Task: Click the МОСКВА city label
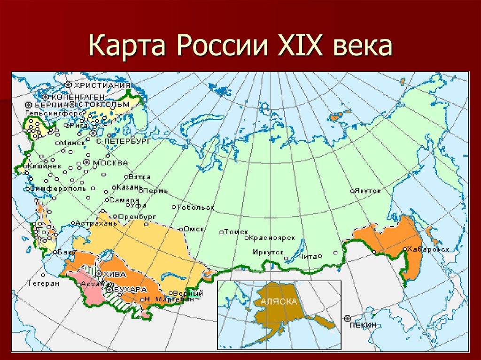[111, 163]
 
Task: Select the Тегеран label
[43, 283]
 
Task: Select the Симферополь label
[58, 188]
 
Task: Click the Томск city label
[233, 231]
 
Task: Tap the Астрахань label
[95, 223]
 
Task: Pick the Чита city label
[308, 256]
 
